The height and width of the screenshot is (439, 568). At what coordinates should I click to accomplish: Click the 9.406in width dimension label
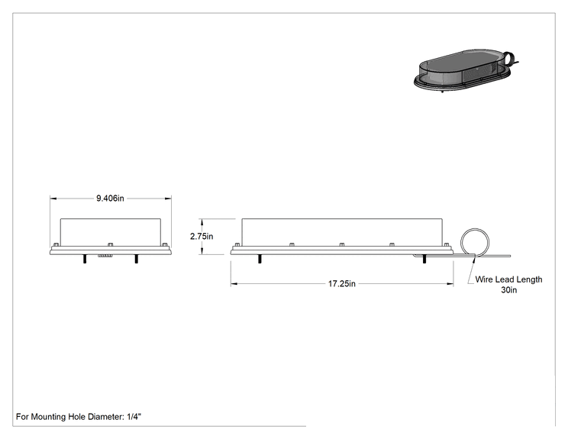[110, 199]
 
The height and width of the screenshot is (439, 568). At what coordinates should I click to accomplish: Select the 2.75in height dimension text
[202, 236]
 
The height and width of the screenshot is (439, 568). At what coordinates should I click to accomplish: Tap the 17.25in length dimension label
[342, 283]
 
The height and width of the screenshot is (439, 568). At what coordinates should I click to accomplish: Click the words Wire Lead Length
[508, 279]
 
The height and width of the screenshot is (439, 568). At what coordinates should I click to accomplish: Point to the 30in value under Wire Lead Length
[509, 290]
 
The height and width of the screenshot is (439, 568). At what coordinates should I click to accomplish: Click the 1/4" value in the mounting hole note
[134, 417]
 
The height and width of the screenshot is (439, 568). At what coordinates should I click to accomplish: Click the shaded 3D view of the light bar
[462, 69]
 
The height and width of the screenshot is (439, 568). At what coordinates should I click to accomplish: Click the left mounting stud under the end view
[85, 259]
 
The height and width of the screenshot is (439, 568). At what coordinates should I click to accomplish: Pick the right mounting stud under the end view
[136, 259]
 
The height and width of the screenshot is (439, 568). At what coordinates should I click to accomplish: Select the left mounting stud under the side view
[260, 259]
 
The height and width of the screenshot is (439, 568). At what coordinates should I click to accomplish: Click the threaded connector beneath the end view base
[105, 256]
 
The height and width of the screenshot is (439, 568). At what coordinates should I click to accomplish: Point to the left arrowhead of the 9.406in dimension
[53, 199]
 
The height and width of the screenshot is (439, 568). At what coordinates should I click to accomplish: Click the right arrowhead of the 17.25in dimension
[450, 284]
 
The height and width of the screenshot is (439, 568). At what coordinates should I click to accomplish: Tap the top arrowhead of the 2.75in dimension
[202, 221]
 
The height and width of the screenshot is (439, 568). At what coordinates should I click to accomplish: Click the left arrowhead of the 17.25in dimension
[234, 284]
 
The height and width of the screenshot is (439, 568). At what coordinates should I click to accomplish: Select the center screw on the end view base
[111, 244]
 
